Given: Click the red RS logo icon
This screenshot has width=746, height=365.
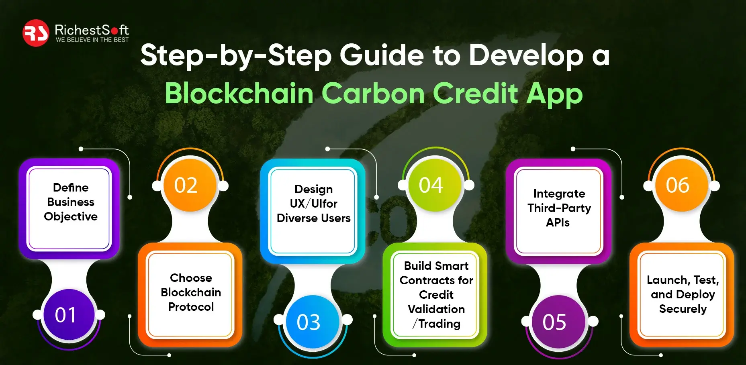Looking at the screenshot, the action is click(36, 33).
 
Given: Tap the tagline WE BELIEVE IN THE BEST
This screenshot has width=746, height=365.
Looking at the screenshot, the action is click(92, 40).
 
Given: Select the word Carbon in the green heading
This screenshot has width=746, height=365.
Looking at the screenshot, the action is click(373, 94).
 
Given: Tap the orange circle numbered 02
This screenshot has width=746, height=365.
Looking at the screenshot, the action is click(190, 185).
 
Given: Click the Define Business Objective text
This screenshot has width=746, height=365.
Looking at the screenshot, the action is click(71, 202).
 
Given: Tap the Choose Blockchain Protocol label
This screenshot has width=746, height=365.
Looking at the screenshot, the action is click(191, 292).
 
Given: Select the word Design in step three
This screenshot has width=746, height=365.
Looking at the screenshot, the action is click(314, 190).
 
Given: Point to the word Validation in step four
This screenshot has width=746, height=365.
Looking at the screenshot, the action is click(436, 309).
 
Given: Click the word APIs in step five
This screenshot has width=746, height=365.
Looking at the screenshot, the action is click(558, 222).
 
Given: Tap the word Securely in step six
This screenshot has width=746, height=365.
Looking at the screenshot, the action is click(683, 309).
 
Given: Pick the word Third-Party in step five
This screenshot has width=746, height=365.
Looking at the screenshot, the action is click(559, 208).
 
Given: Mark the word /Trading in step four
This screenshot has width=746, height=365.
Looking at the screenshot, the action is click(436, 324).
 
